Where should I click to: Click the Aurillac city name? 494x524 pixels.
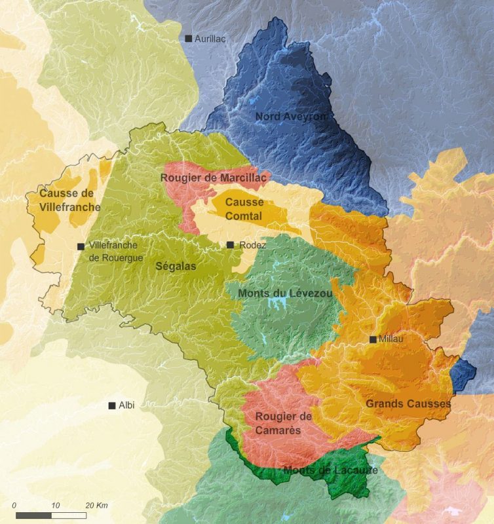pyautogui.click(x=210, y=39)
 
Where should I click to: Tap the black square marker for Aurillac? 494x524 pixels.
pyautogui.click(x=189, y=39)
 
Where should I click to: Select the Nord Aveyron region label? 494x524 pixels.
pyautogui.click(x=290, y=117)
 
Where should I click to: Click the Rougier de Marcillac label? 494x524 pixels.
pyautogui.click(x=214, y=178)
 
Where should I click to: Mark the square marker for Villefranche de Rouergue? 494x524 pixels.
pyautogui.click(x=81, y=247)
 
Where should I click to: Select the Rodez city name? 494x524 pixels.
pyautogui.click(x=253, y=245)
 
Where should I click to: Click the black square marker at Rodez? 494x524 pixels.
pyautogui.click(x=230, y=245)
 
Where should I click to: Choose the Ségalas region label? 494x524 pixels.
pyautogui.click(x=176, y=266)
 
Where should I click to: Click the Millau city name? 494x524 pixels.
pyautogui.click(x=390, y=339)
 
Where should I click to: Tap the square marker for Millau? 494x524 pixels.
pyautogui.click(x=373, y=339)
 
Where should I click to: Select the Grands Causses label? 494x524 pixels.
pyautogui.click(x=408, y=403)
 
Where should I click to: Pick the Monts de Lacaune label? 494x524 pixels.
pyautogui.click(x=330, y=470)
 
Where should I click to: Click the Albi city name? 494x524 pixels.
pyautogui.click(x=126, y=405)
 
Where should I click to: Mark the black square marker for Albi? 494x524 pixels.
pyautogui.click(x=112, y=405)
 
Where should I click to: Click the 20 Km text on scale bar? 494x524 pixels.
pyautogui.click(x=96, y=505)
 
